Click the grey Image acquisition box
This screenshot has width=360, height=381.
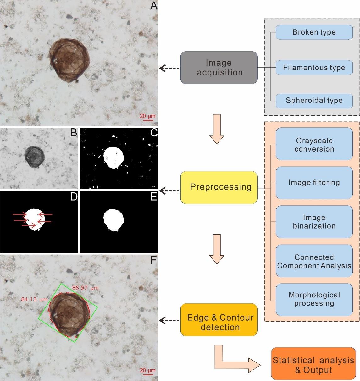(219, 68)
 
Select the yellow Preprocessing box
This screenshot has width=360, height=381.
(219, 187)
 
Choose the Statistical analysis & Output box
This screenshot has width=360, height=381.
(313, 365)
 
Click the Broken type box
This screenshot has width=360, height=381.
(314, 32)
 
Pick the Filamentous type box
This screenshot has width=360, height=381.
(314, 68)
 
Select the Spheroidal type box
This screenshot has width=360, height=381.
(314, 101)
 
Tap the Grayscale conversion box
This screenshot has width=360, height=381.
(314, 145)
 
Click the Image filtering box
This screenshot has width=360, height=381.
(314, 183)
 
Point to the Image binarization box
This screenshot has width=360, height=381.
(314, 222)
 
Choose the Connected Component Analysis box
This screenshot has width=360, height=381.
(314, 261)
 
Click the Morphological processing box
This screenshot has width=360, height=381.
(314, 299)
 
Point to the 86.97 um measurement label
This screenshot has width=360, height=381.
(85, 288)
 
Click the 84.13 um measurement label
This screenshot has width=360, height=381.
(34, 299)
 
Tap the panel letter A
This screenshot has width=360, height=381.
(153, 6)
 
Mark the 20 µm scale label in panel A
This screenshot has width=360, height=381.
(147, 116)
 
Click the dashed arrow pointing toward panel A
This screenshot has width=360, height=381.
(169, 68)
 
